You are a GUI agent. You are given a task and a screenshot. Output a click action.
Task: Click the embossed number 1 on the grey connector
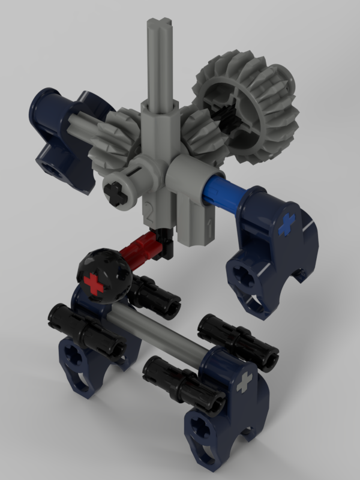[x=209, y=227]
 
